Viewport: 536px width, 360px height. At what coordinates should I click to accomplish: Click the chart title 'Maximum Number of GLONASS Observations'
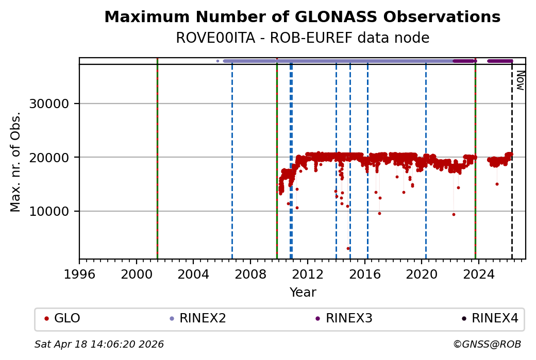coord(302,17)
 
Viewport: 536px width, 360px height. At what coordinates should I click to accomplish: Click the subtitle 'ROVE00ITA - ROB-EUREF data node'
coord(302,38)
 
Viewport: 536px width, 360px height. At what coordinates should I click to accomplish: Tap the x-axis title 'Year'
coord(303,293)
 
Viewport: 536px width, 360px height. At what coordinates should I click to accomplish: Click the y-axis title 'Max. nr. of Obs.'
coord(16,162)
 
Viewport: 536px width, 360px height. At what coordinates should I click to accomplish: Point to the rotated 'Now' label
coord(520,80)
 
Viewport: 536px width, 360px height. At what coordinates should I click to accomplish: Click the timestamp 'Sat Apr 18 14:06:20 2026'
coord(99,344)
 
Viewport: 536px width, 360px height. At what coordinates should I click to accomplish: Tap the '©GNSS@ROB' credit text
coord(487,344)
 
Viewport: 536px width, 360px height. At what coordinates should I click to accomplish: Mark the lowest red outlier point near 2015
coord(348,248)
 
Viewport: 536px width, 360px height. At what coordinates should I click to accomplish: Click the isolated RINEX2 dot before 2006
coord(217,61)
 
